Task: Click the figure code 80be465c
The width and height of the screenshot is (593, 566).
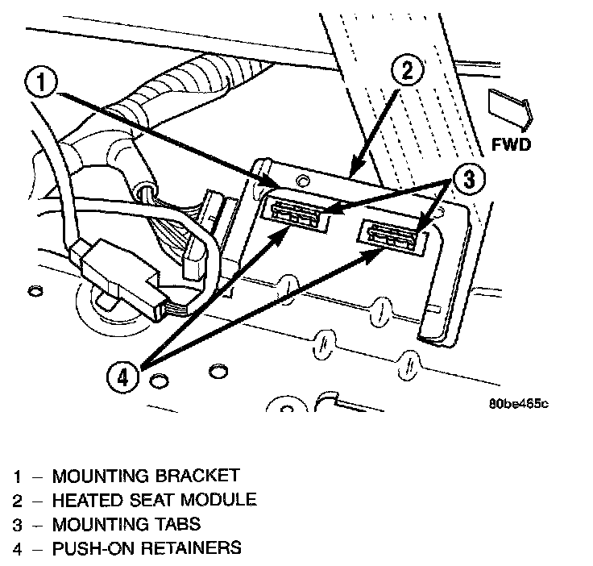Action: tap(517, 403)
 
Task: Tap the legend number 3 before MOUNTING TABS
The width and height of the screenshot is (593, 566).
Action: tap(18, 524)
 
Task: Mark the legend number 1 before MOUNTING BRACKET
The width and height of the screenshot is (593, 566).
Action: tap(18, 476)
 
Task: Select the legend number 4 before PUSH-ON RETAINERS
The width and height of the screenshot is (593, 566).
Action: tap(18, 548)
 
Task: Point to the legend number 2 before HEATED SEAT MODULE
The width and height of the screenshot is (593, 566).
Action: tap(18, 500)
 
